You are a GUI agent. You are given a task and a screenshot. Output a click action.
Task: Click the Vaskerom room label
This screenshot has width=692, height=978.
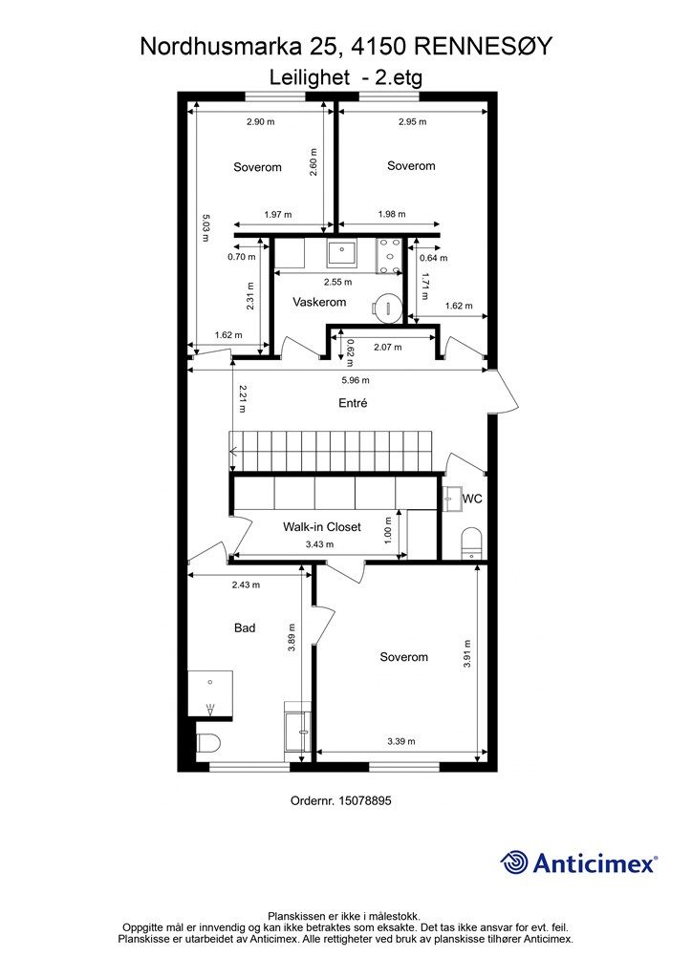pyautogui.click(x=319, y=302)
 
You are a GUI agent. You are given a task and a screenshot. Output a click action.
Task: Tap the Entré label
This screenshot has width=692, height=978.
pyautogui.click(x=353, y=403)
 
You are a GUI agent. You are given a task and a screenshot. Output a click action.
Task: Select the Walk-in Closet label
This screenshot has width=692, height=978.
pyautogui.click(x=321, y=526)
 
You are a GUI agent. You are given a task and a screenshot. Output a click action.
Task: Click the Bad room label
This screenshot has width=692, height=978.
pyautogui.click(x=245, y=627)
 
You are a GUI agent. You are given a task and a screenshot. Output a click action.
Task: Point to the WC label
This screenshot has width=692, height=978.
pyautogui.click(x=472, y=499)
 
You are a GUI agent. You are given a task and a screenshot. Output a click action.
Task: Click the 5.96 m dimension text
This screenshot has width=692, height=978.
pyautogui.click(x=356, y=380)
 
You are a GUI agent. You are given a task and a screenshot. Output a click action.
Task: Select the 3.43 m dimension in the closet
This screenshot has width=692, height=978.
pyautogui.click(x=319, y=543)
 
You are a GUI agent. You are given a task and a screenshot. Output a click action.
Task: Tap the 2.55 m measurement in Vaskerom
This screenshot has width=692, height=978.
pyautogui.click(x=337, y=282)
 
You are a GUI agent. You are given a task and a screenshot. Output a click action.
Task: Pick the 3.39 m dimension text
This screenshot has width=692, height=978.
pyautogui.click(x=401, y=741)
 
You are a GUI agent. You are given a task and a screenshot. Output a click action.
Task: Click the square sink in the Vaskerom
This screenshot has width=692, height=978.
pyautogui.click(x=341, y=252)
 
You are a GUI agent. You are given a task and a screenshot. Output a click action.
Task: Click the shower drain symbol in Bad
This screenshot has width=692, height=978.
pyautogui.click(x=210, y=708)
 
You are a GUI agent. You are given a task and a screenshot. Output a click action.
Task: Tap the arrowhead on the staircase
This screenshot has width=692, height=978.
pyautogui.click(x=234, y=452)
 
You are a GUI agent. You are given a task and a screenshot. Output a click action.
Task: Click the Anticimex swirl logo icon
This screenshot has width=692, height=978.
pyautogui.click(x=514, y=862)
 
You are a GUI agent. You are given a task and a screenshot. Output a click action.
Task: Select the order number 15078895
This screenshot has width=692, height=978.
pyautogui.click(x=364, y=800)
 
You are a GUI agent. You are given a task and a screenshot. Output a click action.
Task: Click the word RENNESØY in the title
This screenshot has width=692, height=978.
pyautogui.click(x=484, y=46)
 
